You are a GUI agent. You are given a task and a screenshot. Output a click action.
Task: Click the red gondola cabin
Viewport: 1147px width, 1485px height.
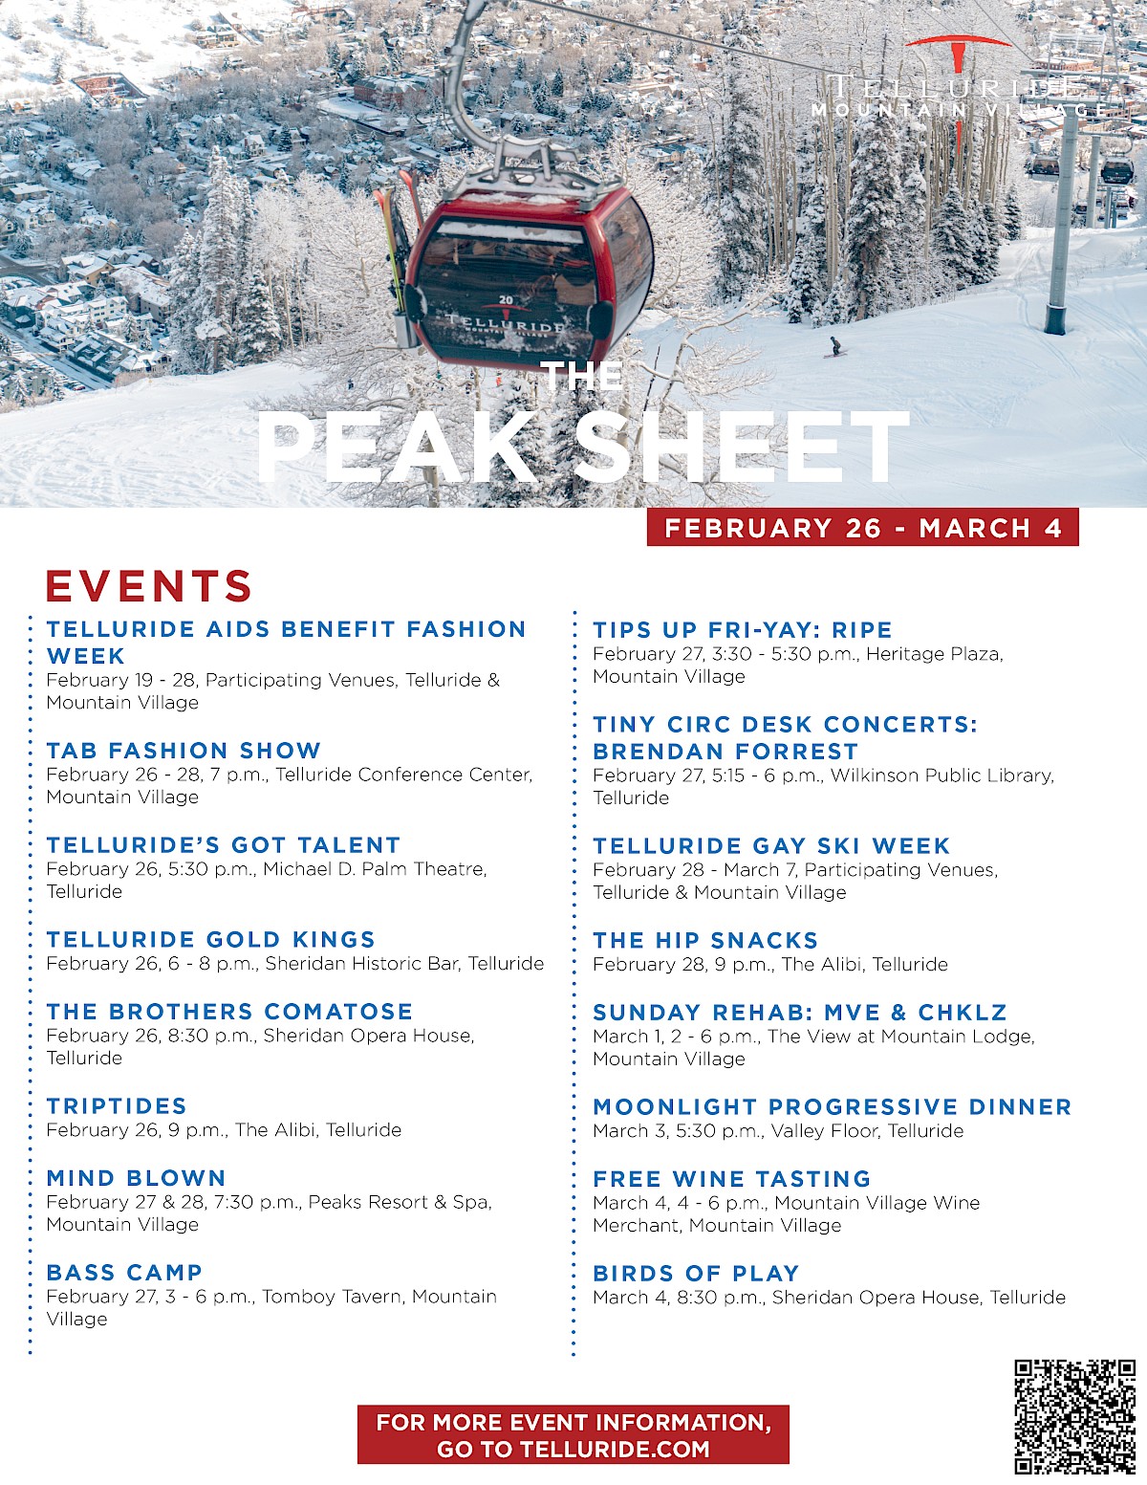(x=529, y=277)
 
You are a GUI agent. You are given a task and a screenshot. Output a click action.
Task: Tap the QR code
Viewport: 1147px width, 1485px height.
(x=1075, y=1415)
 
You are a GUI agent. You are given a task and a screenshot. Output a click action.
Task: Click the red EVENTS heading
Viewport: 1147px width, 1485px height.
(x=149, y=586)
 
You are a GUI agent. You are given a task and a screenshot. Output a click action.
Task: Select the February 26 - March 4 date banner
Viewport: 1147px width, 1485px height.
(x=862, y=528)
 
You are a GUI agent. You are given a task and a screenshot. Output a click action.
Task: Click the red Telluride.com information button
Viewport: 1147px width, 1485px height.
(x=573, y=1434)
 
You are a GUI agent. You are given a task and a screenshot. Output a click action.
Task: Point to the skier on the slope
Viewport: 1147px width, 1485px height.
(x=835, y=347)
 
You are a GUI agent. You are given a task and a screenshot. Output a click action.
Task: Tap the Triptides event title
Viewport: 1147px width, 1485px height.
(x=117, y=1106)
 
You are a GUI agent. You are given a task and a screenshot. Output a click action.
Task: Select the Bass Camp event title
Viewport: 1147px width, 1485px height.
(x=125, y=1273)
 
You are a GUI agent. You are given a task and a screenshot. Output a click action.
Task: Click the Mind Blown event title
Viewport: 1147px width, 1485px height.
(x=137, y=1178)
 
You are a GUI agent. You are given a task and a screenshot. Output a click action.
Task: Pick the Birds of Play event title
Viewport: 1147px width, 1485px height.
(x=696, y=1274)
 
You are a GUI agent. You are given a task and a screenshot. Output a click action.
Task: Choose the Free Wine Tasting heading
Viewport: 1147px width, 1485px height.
(x=732, y=1179)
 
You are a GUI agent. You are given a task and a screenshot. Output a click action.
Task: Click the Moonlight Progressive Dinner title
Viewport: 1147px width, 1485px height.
(x=832, y=1107)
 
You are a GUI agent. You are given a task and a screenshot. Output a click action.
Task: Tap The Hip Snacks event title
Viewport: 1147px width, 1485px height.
(x=705, y=941)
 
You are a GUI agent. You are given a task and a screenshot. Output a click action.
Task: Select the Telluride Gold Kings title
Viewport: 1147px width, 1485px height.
(x=211, y=940)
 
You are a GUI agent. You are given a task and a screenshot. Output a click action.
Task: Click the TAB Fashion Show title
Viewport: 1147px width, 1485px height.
(x=184, y=751)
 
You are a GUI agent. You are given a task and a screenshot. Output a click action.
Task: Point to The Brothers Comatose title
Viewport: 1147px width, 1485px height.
(x=229, y=1012)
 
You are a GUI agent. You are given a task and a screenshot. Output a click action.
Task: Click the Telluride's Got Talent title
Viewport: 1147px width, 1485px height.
(x=224, y=845)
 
